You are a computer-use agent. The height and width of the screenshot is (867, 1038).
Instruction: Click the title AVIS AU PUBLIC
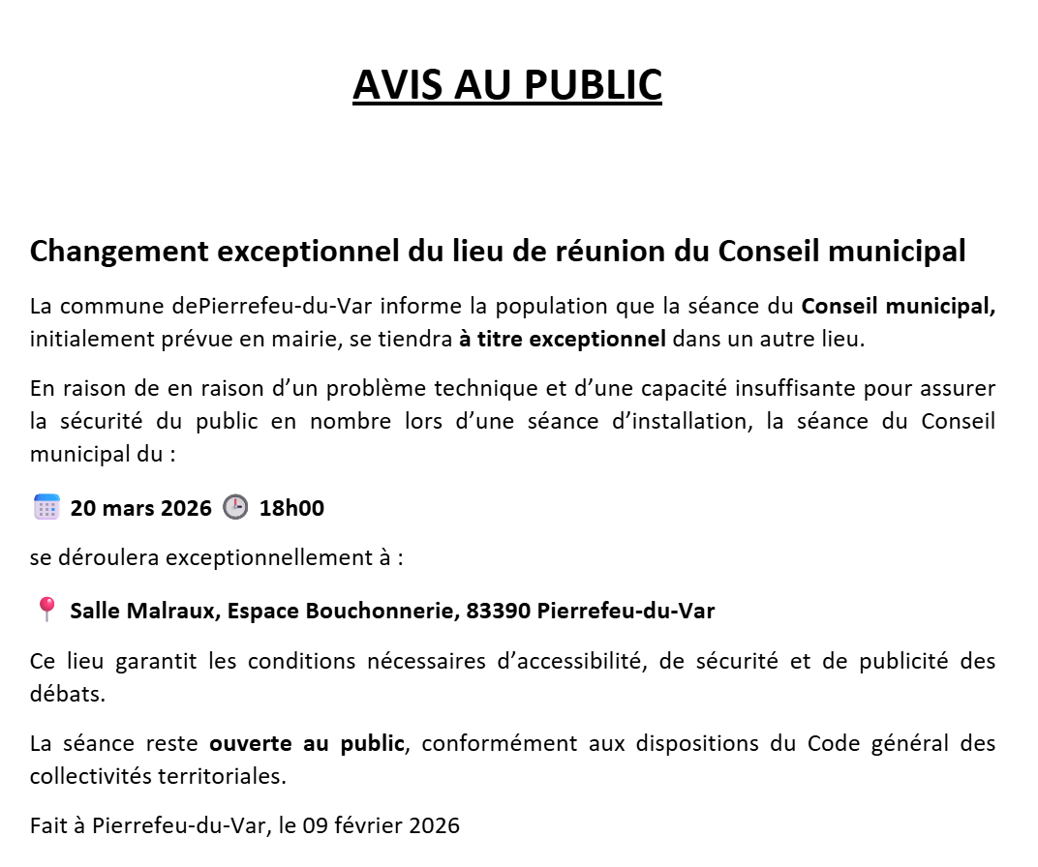tap(506, 85)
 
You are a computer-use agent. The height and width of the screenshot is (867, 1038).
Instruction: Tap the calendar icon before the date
tap(46, 507)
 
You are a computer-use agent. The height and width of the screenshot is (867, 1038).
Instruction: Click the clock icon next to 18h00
tap(235, 507)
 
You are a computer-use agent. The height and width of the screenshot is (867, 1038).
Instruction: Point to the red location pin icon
tap(46, 610)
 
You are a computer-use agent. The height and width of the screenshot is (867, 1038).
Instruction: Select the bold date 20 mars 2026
tap(140, 508)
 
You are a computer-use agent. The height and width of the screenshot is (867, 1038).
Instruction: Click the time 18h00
tap(291, 508)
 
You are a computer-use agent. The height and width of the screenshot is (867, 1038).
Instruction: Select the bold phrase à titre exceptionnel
tap(562, 339)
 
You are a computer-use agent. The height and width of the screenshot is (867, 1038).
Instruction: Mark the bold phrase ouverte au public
tap(307, 744)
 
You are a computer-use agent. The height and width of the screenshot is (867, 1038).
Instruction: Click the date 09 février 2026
tap(381, 825)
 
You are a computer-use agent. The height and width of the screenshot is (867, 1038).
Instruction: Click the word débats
tap(63, 694)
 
